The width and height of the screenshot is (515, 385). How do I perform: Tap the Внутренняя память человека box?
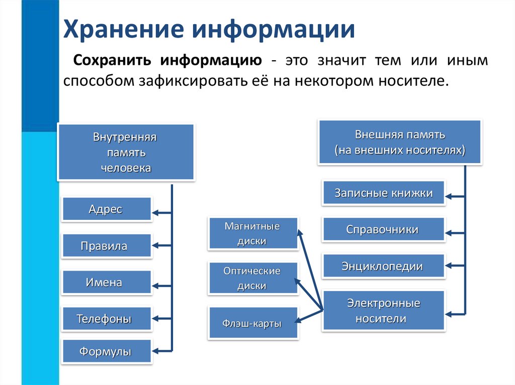126,153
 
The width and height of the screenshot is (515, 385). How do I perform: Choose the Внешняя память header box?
400,143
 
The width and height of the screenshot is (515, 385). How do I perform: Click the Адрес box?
106,209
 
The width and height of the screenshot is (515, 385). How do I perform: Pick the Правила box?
106,246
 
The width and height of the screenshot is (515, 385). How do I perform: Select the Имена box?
106,283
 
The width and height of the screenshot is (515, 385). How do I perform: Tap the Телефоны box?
106,319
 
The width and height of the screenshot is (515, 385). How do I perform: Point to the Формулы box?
106,352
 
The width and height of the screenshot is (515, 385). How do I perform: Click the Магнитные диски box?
252,233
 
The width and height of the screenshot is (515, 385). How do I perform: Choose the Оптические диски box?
252,279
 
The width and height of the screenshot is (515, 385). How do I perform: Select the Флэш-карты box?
252,323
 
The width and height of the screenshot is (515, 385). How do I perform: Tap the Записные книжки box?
383,193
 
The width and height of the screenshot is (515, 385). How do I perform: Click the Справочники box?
383,230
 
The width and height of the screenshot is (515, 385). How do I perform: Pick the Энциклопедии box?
383,267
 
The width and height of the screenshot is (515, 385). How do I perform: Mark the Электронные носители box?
383,311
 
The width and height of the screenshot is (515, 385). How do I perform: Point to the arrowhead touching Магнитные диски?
300,232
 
